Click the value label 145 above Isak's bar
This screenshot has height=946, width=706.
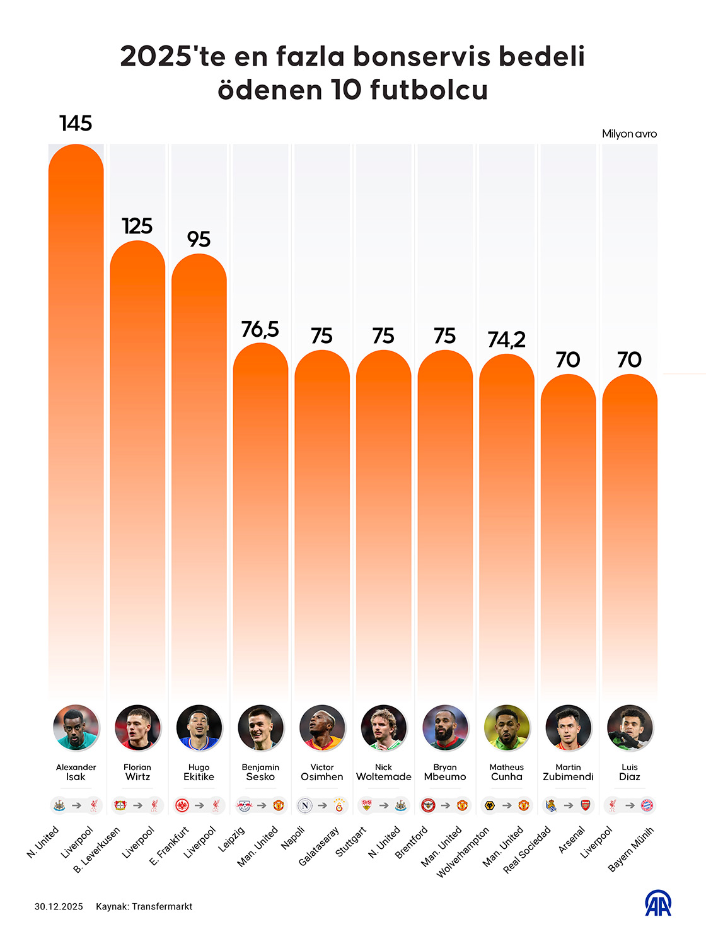[76, 123]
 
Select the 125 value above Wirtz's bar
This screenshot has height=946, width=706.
[137, 226]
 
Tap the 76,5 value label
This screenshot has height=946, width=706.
[260, 329]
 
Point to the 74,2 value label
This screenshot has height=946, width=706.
[506, 340]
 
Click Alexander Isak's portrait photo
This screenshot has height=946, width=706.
[76, 728]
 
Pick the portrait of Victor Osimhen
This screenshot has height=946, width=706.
[322, 728]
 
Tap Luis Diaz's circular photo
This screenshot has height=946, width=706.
[630, 728]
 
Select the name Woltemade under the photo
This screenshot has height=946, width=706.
[383, 777]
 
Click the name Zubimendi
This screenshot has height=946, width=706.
[568, 777]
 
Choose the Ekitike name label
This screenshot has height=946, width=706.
[199, 777]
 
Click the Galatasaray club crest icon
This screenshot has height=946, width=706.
[339, 805]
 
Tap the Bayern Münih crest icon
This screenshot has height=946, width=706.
[647, 805]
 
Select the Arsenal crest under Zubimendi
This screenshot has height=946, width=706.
[586, 805]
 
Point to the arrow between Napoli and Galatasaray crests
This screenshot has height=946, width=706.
[322, 805]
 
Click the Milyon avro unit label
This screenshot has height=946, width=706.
[629, 134]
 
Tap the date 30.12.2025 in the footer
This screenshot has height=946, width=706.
[59, 906]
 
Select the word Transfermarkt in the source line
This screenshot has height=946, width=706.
[162, 906]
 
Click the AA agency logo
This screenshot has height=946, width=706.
[657, 903]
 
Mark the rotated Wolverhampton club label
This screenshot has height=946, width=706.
[463, 853]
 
